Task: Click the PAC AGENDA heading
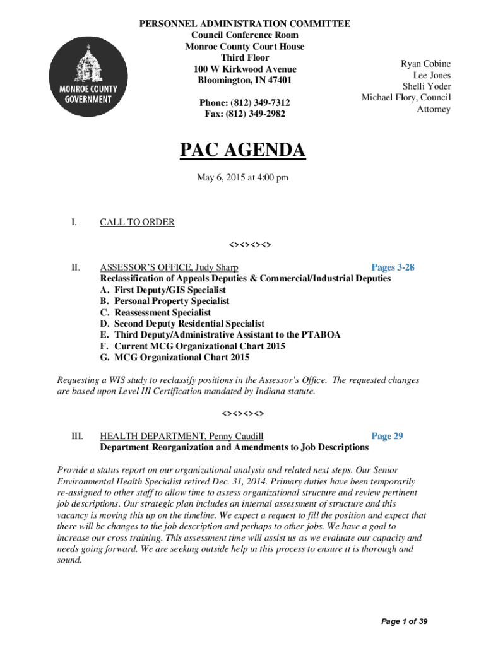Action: [242, 151]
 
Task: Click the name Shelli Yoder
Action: [427, 86]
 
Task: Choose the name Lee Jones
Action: [432, 76]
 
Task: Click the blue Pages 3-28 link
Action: [393, 267]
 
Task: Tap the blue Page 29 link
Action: [387, 436]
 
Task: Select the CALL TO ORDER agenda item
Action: [137, 222]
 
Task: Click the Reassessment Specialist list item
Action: [162, 312]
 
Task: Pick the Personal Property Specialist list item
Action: [172, 301]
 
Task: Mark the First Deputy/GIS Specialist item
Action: [170, 290]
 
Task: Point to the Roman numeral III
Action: [75, 436]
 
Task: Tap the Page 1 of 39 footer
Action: [405, 622]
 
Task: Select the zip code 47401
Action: [278, 81]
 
